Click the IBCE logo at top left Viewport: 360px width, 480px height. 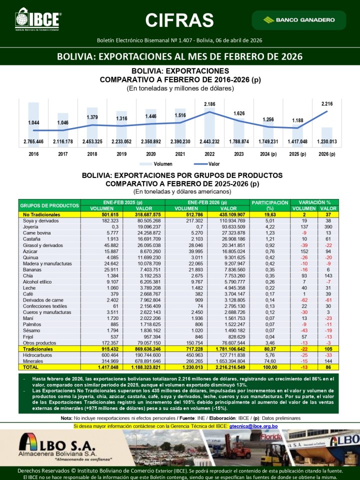tap(38, 19)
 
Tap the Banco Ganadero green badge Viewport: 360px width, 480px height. tap(299, 20)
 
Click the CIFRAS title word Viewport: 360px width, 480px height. tap(179, 20)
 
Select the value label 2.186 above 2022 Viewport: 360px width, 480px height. tap(209, 104)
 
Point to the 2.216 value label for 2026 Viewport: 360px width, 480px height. tap(326, 103)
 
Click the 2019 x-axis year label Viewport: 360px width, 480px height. tap(121, 154)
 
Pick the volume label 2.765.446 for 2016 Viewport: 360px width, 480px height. tap(33, 141)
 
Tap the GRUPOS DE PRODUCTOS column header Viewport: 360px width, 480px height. tap(49, 205)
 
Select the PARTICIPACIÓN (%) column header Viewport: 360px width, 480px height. tap(270, 205)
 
